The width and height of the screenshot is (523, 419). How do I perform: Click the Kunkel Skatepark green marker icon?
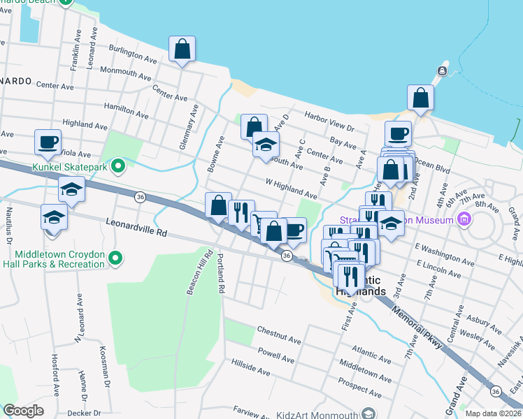pyautogui.click(x=118, y=166)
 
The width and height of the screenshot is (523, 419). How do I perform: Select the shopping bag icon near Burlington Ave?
pyautogui.click(x=182, y=50)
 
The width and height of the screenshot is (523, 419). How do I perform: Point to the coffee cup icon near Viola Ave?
pyautogui.click(x=48, y=142)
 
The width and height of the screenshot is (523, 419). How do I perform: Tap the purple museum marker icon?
pyautogui.click(x=463, y=220)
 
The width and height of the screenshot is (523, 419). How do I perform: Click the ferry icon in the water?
pyautogui.click(x=442, y=71)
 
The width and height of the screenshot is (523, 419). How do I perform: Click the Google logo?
pyautogui.click(x=23, y=411)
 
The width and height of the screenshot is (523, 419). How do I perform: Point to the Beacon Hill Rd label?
pyautogui.click(x=189, y=274)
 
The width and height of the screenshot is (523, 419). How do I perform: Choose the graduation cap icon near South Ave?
pyautogui.click(x=266, y=145)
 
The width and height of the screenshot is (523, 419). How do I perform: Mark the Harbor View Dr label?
pyautogui.click(x=329, y=123)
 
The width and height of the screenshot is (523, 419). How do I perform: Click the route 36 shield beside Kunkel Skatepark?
pyautogui.click(x=140, y=198)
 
